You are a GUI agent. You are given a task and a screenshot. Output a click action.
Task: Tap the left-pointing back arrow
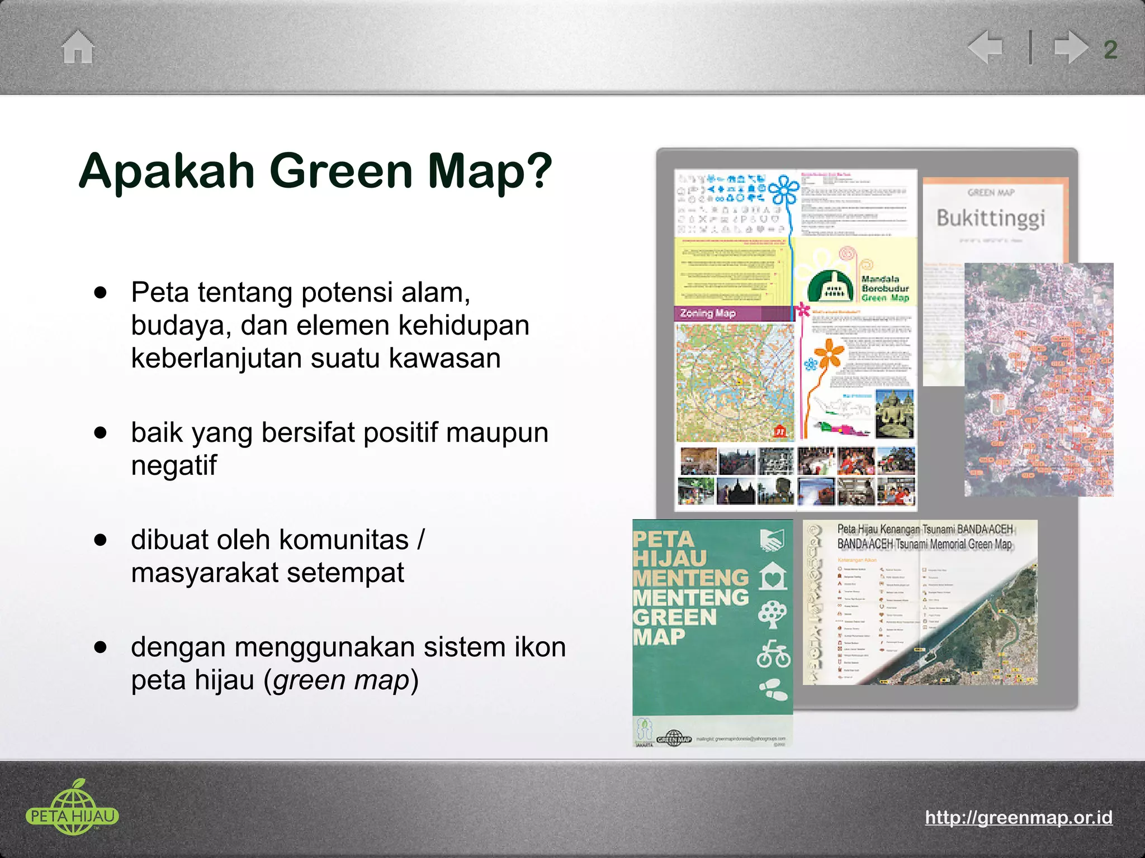pos(986,47)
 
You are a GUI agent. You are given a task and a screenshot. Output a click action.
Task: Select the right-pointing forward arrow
pos(1070,47)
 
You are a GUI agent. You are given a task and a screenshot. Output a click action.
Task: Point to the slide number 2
pos(1110,50)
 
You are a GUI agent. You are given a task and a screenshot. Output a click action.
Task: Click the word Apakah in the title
pos(167,171)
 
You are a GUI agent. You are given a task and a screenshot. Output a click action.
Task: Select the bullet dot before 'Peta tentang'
pos(101,292)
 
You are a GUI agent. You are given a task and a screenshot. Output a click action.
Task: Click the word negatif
pos(173,465)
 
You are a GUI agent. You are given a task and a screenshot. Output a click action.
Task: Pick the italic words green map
pos(342,680)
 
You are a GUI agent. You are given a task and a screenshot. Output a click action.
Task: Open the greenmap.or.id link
pos(1018,817)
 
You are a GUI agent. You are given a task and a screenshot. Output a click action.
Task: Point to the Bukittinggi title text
pos(990,218)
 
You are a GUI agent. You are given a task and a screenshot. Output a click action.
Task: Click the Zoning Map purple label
pos(708,313)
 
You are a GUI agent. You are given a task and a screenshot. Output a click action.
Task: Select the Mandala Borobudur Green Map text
pos(884,288)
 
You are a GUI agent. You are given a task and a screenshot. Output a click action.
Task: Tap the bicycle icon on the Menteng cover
pos(773,655)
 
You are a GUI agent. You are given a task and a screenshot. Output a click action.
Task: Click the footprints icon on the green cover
pos(774,690)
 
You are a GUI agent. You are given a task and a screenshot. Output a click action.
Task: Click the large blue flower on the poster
pos(785,190)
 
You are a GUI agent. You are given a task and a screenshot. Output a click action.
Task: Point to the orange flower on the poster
pos(829,353)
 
